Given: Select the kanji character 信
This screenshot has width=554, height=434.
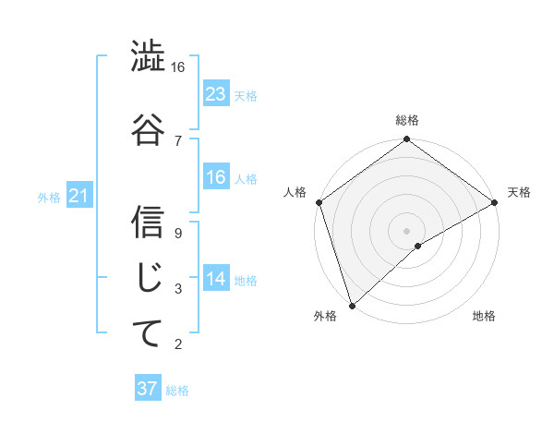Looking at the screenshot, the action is click(x=148, y=222).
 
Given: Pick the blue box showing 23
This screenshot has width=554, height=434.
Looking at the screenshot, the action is click(x=215, y=93).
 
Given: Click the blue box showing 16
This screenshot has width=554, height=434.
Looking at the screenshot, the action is click(x=215, y=177).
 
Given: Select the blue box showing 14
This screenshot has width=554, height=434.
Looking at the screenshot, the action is click(x=215, y=279).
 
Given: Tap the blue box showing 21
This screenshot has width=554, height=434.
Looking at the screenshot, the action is click(x=79, y=196).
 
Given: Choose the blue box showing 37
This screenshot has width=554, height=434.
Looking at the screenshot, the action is click(x=148, y=389).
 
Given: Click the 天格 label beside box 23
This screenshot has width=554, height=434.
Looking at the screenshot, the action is click(x=246, y=95).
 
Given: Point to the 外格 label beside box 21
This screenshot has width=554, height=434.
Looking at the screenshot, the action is click(x=48, y=197).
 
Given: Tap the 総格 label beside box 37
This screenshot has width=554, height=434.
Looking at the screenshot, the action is click(x=177, y=390).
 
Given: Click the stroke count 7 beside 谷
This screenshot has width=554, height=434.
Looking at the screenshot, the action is click(x=177, y=140).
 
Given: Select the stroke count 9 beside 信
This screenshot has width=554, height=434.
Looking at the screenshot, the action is click(x=177, y=233).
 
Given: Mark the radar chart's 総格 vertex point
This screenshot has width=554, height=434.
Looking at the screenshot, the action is click(x=406, y=140).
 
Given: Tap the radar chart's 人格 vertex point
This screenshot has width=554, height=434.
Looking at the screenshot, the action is click(x=319, y=202).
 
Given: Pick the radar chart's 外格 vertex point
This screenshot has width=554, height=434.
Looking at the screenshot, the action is click(x=352, y=305).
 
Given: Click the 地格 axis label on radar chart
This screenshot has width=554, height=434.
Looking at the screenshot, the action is click(x=484, y=317).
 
